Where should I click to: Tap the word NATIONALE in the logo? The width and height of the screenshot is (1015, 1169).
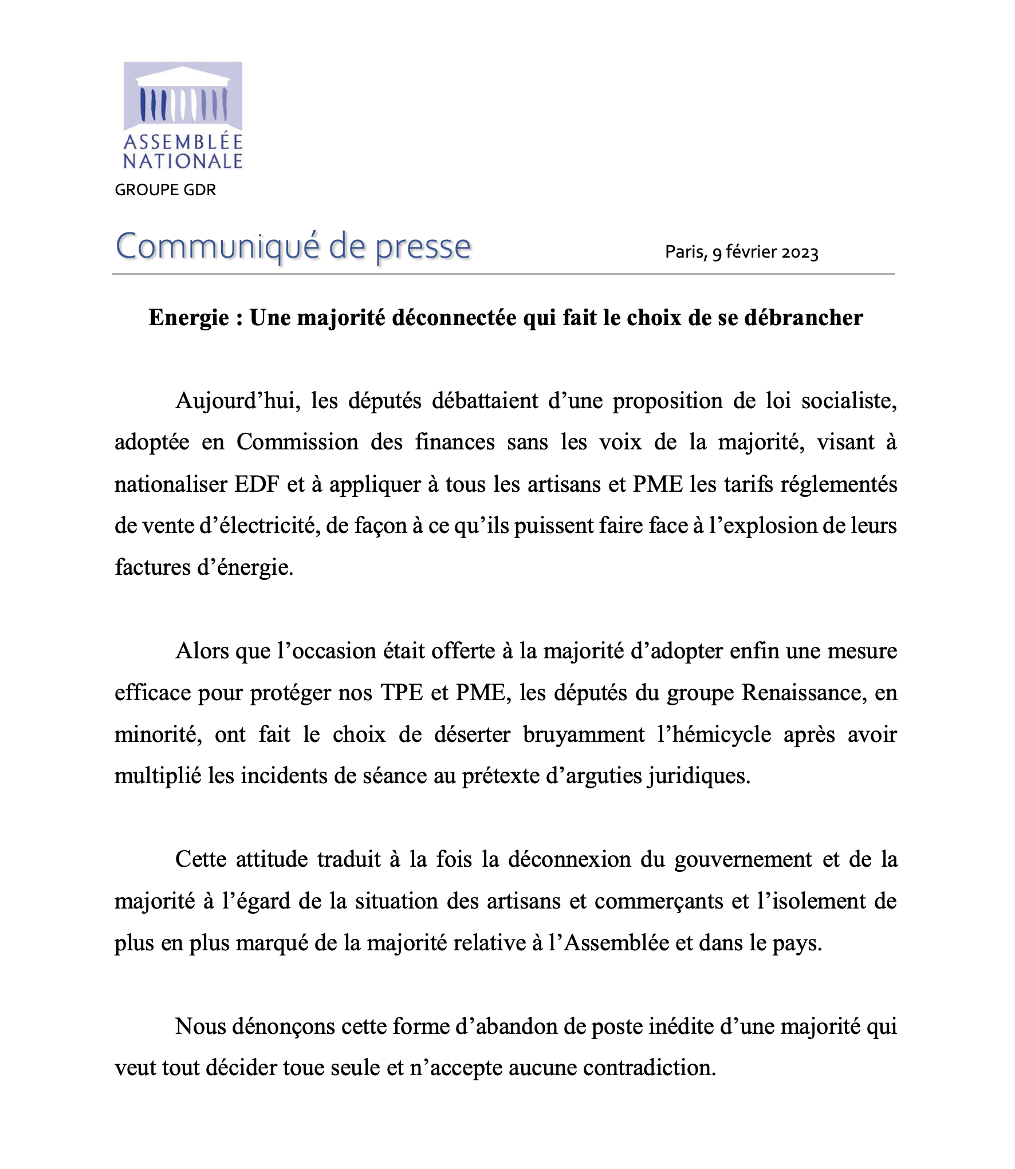[x=183, y=161]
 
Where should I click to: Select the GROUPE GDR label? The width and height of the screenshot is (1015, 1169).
[x=166, y=190]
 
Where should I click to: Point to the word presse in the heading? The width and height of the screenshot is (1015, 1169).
[x=423, y=247]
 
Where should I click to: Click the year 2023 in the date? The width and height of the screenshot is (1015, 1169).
[x=800, y=252]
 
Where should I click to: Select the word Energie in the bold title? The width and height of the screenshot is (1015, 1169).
[x=188, y=318]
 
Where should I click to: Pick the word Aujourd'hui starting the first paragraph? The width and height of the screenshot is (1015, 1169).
[x=238, y=401]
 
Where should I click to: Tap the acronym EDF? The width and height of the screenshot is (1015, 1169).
[x=257, y=484]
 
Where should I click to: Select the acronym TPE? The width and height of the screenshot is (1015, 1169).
[x=402, y=693]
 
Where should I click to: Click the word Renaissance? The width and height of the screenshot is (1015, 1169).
[x=802, y=693]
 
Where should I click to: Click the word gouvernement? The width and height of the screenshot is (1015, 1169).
[x=743, y=859]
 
